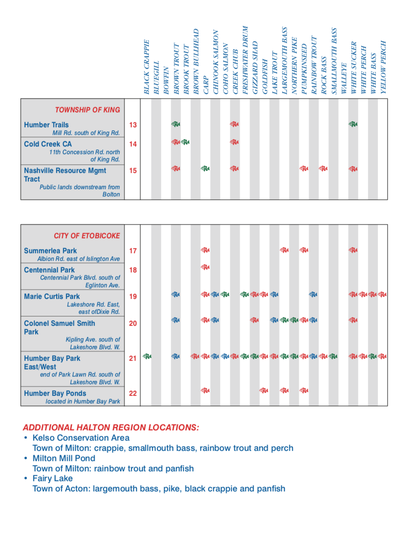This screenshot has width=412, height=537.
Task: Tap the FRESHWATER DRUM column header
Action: (245, 60)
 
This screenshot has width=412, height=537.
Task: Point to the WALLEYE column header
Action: (344, 79)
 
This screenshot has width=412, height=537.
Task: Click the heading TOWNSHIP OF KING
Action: (87, 110)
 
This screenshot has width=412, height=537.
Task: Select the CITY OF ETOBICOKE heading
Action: (87, 236)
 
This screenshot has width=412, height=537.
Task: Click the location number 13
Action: (133, 125)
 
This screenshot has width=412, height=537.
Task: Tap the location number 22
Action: (133, 393)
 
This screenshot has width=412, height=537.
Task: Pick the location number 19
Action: (133, 296)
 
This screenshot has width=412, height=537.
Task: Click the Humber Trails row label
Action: (46, 125)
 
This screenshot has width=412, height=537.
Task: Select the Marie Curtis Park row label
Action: (52, 296)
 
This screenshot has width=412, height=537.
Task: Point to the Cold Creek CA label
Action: (48, 144)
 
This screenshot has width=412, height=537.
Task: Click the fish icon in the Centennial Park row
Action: (206, 267)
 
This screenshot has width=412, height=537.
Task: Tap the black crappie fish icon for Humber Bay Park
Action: (147, 356)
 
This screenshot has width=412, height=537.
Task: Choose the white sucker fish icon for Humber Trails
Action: (353, 124)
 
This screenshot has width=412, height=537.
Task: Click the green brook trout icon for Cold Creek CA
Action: (185, 142)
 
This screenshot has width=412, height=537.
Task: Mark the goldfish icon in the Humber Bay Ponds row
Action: (265, 390)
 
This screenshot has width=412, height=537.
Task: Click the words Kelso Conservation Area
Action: (81, 438)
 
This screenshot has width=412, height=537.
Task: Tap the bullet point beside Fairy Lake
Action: (26, 478)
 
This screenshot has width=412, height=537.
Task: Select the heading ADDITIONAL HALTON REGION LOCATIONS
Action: (111, 427)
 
